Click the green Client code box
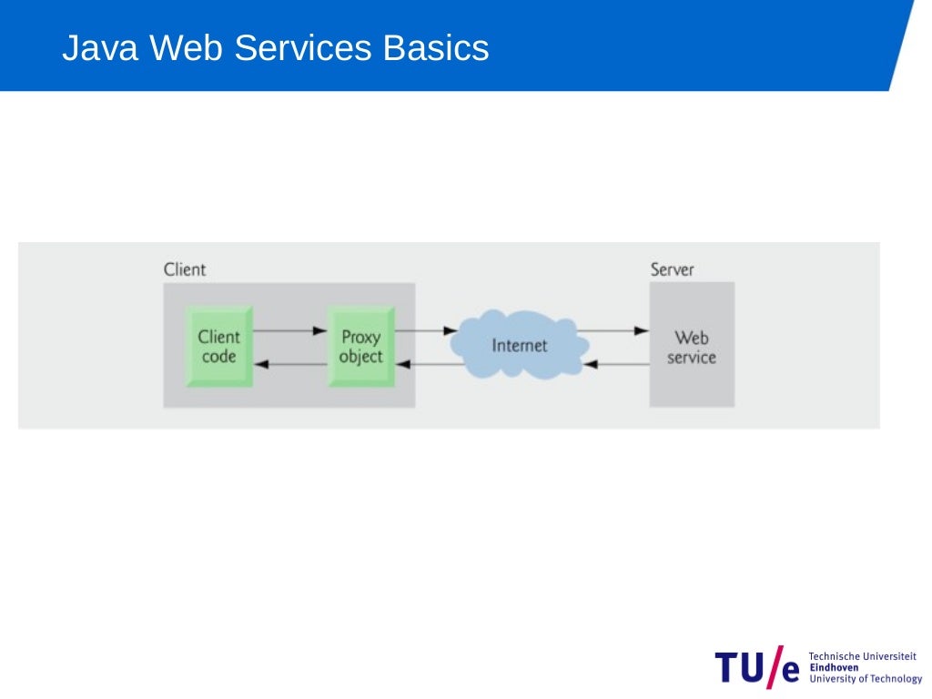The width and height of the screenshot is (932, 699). coord(218,347)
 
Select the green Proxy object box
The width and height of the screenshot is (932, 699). coord(361,347)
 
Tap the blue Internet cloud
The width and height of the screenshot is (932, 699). coord(520,346)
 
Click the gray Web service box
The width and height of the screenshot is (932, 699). coord(692,346)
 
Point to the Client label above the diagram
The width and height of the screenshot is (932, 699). coord(185,269)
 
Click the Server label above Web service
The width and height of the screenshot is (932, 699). coord(672,269)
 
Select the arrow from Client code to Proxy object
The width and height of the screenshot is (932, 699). coord(289,330)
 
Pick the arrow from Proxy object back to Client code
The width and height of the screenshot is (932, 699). coord(289,364)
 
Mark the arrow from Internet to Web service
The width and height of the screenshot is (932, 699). coord(613,330)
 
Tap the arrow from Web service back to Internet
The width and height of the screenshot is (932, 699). coord(615,364)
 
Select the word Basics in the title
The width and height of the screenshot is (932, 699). coord(436,48)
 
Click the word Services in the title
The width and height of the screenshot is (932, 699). coord(304,48)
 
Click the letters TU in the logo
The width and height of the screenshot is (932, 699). coord(739,667)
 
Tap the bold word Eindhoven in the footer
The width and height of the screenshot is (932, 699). coord(833,667)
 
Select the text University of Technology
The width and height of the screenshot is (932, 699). coord(865,679)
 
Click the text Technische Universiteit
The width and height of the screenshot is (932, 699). coord(862,656)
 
